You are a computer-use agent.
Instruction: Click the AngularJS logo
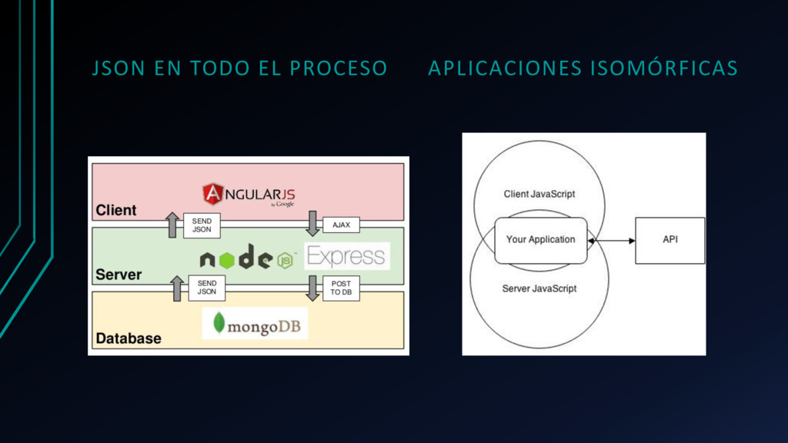[x=249, y=195]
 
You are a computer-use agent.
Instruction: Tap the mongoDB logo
[x=255, y=323]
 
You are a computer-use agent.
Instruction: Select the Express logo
[x=346, y=256]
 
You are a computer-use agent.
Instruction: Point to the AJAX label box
[x=341, y=225]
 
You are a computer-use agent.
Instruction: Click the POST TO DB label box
[x=341, y=288]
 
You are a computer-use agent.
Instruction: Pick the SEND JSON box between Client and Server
[x=202, y=225]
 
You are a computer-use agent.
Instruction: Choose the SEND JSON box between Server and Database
[x=207, y=288]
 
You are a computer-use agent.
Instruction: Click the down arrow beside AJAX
[x=312, y=223]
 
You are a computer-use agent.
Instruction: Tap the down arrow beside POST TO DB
[x=312, y=287]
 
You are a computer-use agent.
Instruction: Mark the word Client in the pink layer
[x=116, y=210]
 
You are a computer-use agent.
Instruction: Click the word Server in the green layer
[x=119, y=274]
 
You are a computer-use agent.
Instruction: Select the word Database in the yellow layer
[x=129, y=338]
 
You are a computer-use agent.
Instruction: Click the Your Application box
[x=540, y=240]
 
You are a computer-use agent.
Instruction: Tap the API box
[x=670, y=240]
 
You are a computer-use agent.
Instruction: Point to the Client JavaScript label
[x=539, y=194]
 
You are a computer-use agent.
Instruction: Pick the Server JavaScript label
[x=539, y=288]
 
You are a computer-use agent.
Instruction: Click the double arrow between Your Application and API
[x=611, y=241]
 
